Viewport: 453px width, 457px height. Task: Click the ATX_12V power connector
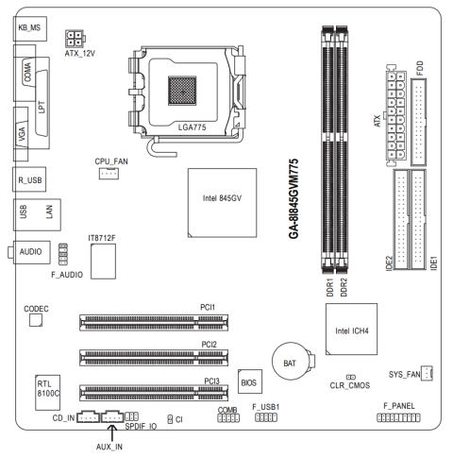75,39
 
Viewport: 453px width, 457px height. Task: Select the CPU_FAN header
109,174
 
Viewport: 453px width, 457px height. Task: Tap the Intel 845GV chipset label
222,198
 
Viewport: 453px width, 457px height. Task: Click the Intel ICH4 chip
351,329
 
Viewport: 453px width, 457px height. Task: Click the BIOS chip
250,381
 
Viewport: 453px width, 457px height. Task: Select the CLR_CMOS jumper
351,377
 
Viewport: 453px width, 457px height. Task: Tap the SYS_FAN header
427,373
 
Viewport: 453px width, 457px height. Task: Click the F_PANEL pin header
398,417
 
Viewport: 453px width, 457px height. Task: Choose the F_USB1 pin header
266,417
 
